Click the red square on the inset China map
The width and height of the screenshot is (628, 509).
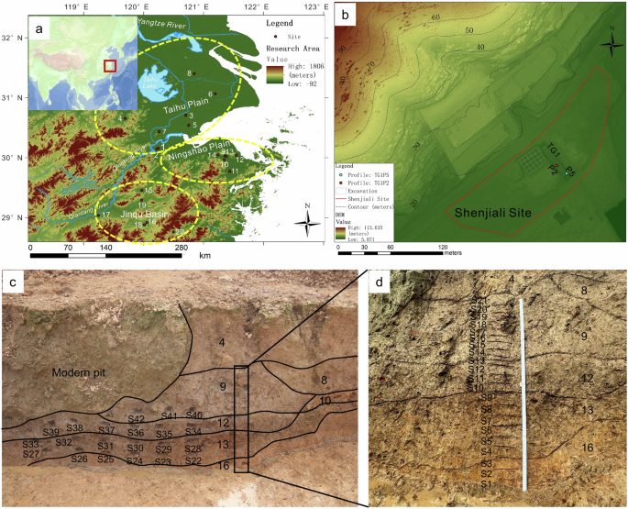(x=110, y=65)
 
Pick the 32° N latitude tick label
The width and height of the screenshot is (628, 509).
(x=10, y=38)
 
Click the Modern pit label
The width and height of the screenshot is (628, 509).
(x=81, y=374)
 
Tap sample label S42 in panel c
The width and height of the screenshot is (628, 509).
(x=137, y=418)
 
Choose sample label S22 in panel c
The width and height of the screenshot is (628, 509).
(x=193, y=461)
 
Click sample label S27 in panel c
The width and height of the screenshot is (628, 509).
(x=30, y=454)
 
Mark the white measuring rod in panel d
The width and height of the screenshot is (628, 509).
(x=523, y=394)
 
